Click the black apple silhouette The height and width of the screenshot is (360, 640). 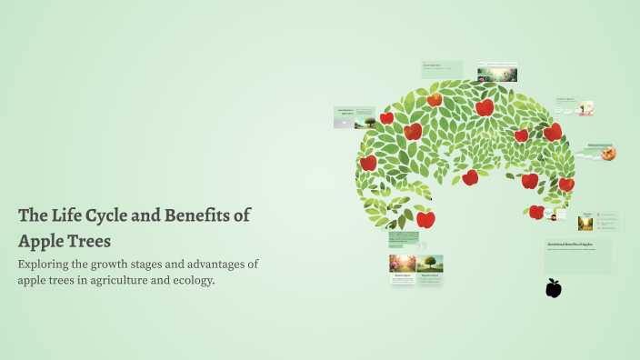553,288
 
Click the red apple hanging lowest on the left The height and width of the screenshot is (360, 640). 425,219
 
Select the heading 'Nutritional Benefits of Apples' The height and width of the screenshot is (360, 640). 569,245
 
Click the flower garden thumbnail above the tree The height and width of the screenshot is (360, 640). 497,71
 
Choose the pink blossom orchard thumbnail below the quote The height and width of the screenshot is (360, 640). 402,264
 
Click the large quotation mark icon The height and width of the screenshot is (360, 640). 420,245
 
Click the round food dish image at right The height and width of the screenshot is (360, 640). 608,153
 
